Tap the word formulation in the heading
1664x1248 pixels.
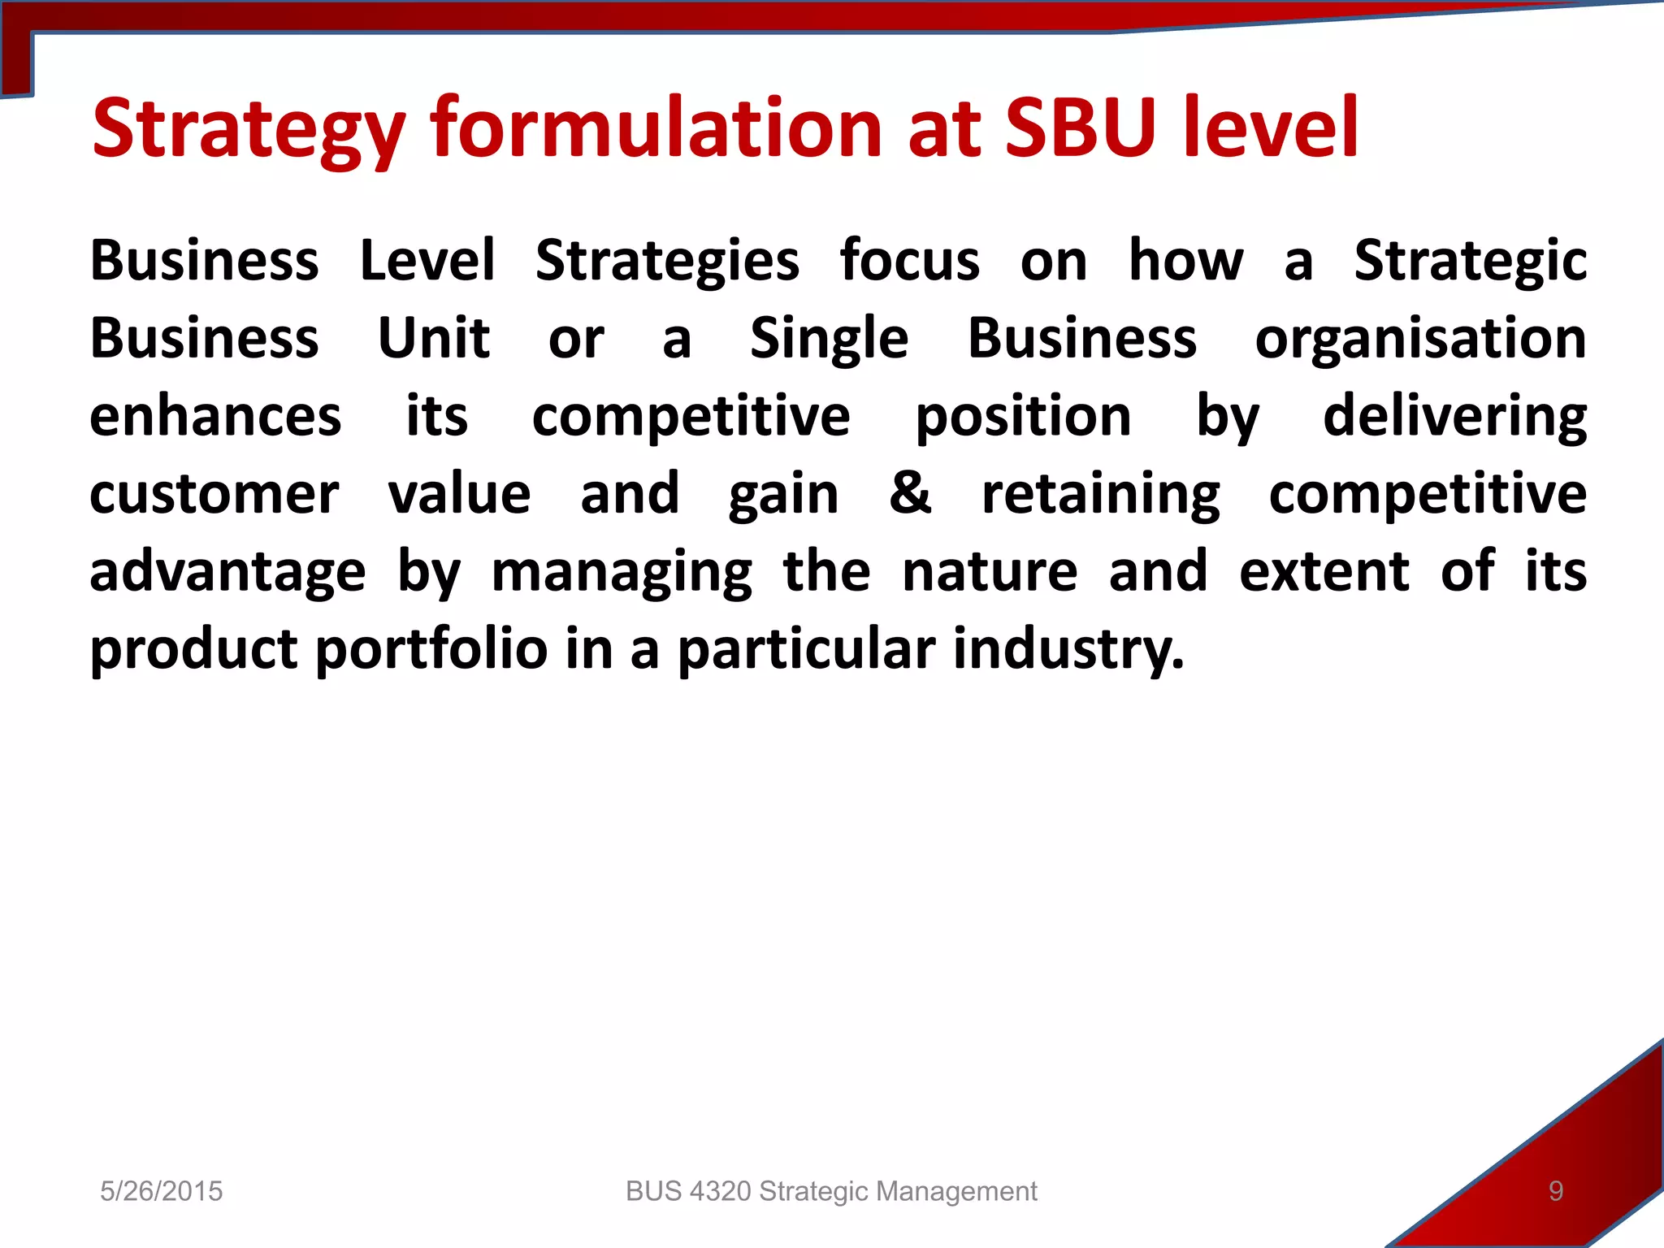pyautogui.click(x=656, y=128)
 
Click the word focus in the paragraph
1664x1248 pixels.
pyautogui.click(x=909, y=262)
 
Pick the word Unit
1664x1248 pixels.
pyautogui.click(x=434, y=338)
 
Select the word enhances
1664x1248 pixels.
pyautogui.click(x=215, y=417)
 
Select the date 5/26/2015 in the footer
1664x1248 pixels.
pyautogui.click(x=161, y=1191)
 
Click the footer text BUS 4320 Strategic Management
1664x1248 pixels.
pyautogui.click(x=831, y=1191)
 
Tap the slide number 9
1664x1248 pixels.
pyautogui.click(x=1555, y=1191)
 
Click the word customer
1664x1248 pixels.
pyautogui.click(x=214, y=495)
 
